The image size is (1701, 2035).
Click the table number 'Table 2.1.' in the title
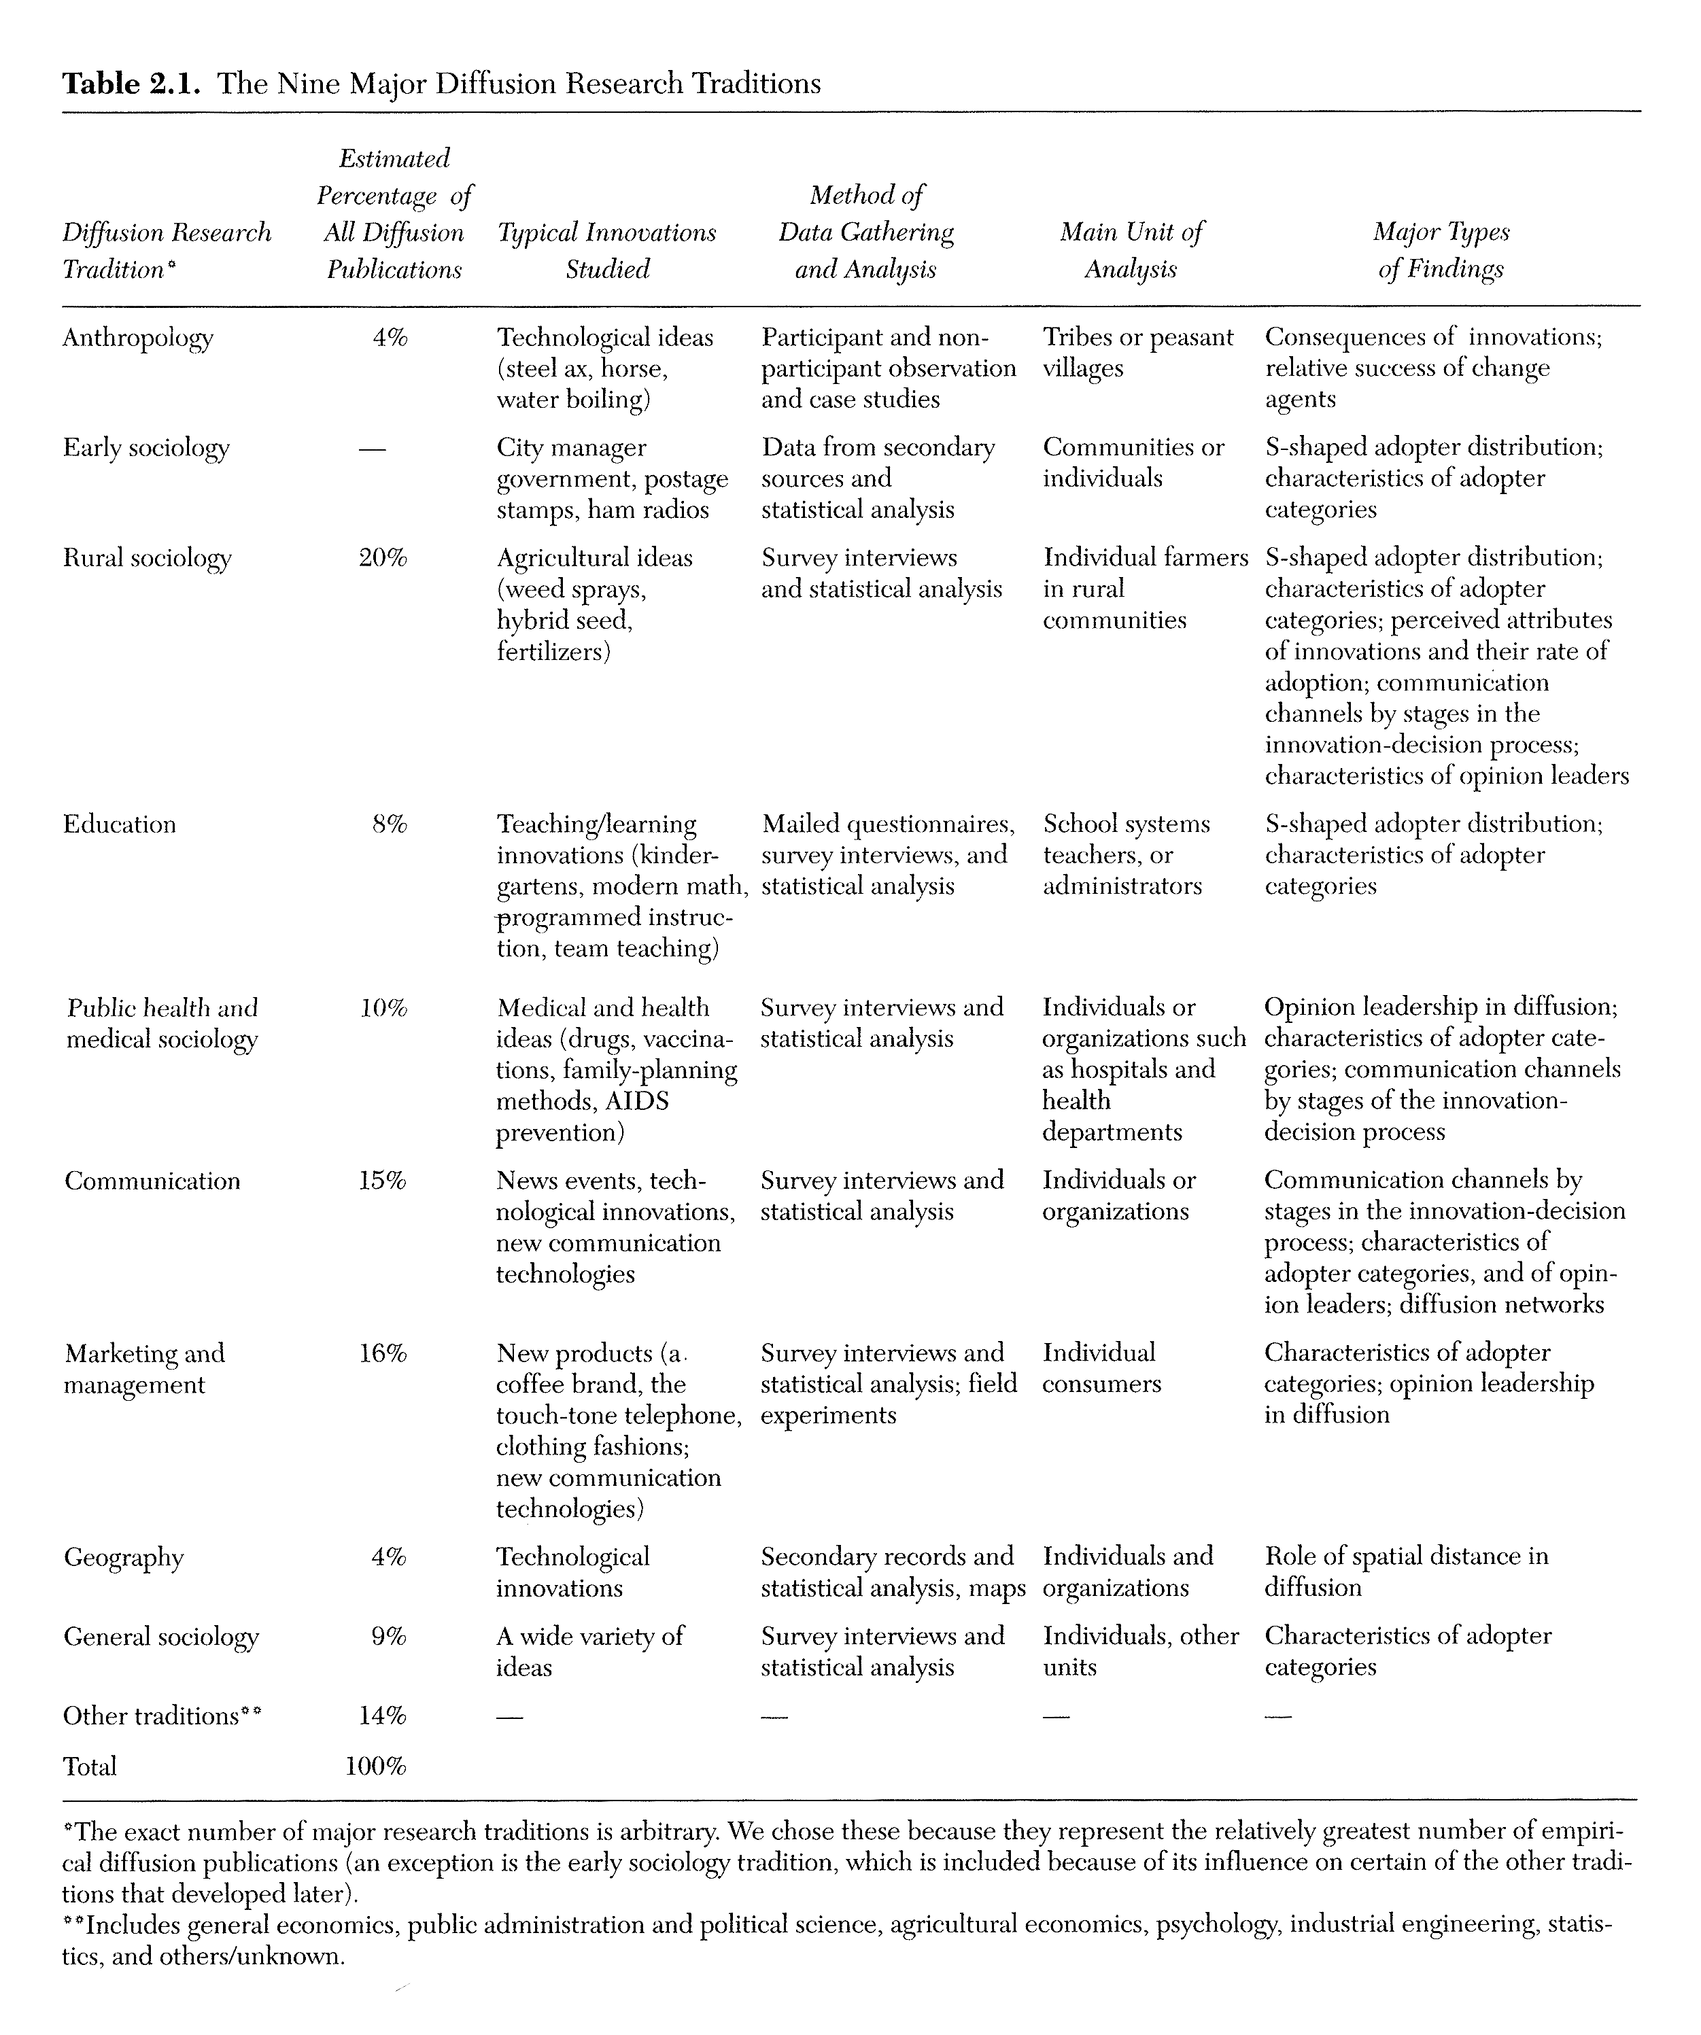tap(131, 84)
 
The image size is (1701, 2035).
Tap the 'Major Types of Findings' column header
tap(1441, 250)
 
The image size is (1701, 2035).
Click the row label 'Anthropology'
tap(137, 338)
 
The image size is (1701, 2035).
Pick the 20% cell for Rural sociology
tap(383, 558)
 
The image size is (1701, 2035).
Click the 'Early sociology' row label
tap(146, 448)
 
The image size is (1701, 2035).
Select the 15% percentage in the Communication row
tap(383, 1181)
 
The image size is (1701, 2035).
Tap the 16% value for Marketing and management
tap(383, 1354)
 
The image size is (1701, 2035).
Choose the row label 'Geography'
tap(124, 1559)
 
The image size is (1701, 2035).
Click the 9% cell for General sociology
tap(389, 1637)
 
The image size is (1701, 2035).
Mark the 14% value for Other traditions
tap(383, 1716)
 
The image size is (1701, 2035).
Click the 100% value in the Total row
tap(376, 1767)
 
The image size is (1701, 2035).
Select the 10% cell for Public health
tap(383, 1009)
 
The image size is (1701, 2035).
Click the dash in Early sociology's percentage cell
tap(371, 449)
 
